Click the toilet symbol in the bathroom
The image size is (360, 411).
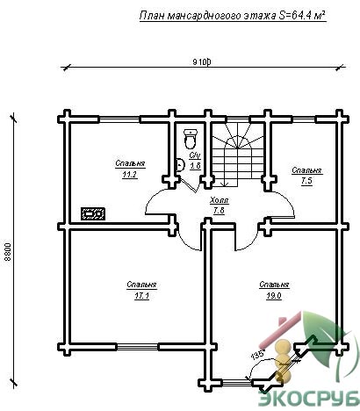(191, 139)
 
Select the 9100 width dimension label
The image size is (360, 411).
(202, 61)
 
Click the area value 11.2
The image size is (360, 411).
(130, 175)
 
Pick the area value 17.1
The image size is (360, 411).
(141, 296)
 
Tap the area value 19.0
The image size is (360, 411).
(274, 296)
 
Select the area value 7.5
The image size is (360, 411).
(306, 182)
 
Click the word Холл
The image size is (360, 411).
(220, 200)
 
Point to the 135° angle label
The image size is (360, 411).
(257, 355)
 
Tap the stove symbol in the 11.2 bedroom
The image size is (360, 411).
(93, 214)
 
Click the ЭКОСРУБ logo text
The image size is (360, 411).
(309, 398)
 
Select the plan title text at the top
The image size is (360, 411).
(233, 16)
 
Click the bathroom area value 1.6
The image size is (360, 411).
(195, 166)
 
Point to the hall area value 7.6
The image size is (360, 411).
(219, 211)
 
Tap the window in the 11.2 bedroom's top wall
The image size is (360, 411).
(119, 119)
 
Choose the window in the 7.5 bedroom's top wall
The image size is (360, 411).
(304, 119)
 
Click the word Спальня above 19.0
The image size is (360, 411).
(274, 285)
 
